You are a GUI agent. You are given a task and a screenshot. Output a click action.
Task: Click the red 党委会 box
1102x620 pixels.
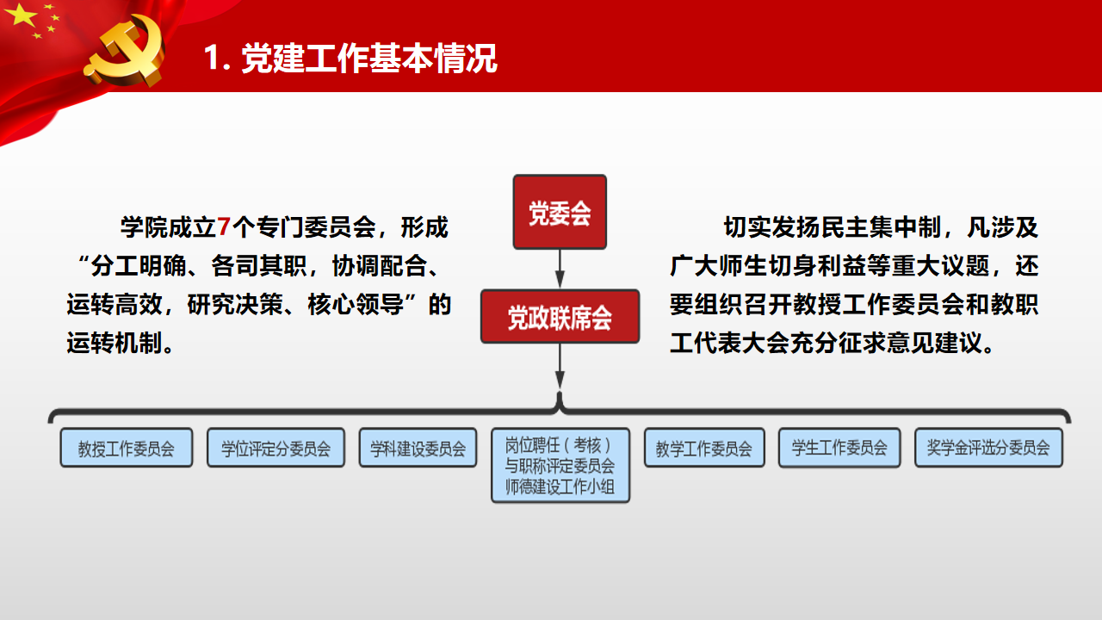point(560,212)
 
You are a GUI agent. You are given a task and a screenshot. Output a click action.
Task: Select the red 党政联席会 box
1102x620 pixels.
point(560,316)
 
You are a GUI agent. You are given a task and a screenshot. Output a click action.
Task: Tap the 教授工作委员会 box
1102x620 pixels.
point(127,448)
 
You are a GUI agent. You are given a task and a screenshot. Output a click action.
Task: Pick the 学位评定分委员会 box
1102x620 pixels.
point(276,448)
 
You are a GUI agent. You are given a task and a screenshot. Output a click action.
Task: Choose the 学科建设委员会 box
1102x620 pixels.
point(418,448)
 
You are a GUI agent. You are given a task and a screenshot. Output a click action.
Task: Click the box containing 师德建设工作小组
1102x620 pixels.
point(560,466)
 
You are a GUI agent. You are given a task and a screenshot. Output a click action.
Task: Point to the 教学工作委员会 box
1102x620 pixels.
point(704,448)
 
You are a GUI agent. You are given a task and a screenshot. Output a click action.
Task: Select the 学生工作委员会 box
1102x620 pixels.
point(839,448)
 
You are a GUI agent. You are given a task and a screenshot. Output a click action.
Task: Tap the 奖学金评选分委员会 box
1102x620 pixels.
point(988,448)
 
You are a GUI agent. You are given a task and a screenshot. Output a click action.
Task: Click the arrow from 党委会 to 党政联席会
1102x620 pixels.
point(560,269)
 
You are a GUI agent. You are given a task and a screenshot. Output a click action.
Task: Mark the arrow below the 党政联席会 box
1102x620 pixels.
point(560,366)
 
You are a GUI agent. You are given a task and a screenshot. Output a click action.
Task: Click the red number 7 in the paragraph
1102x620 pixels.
point(223,227)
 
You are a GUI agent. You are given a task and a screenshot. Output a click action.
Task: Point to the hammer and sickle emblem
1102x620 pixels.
point(127,50)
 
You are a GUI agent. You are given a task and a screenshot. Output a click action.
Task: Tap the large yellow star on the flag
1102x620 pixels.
point(22,15)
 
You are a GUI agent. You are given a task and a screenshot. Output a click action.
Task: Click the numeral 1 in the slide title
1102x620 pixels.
point(212,58)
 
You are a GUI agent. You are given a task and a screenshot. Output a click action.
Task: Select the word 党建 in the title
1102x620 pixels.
point(273,58)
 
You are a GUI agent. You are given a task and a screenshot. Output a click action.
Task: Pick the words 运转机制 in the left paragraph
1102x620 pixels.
point(115,343)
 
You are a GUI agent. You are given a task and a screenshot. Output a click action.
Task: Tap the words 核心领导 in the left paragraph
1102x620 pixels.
point(356,305)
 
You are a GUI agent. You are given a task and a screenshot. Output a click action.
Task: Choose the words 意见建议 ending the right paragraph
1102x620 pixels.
point(934,343)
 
